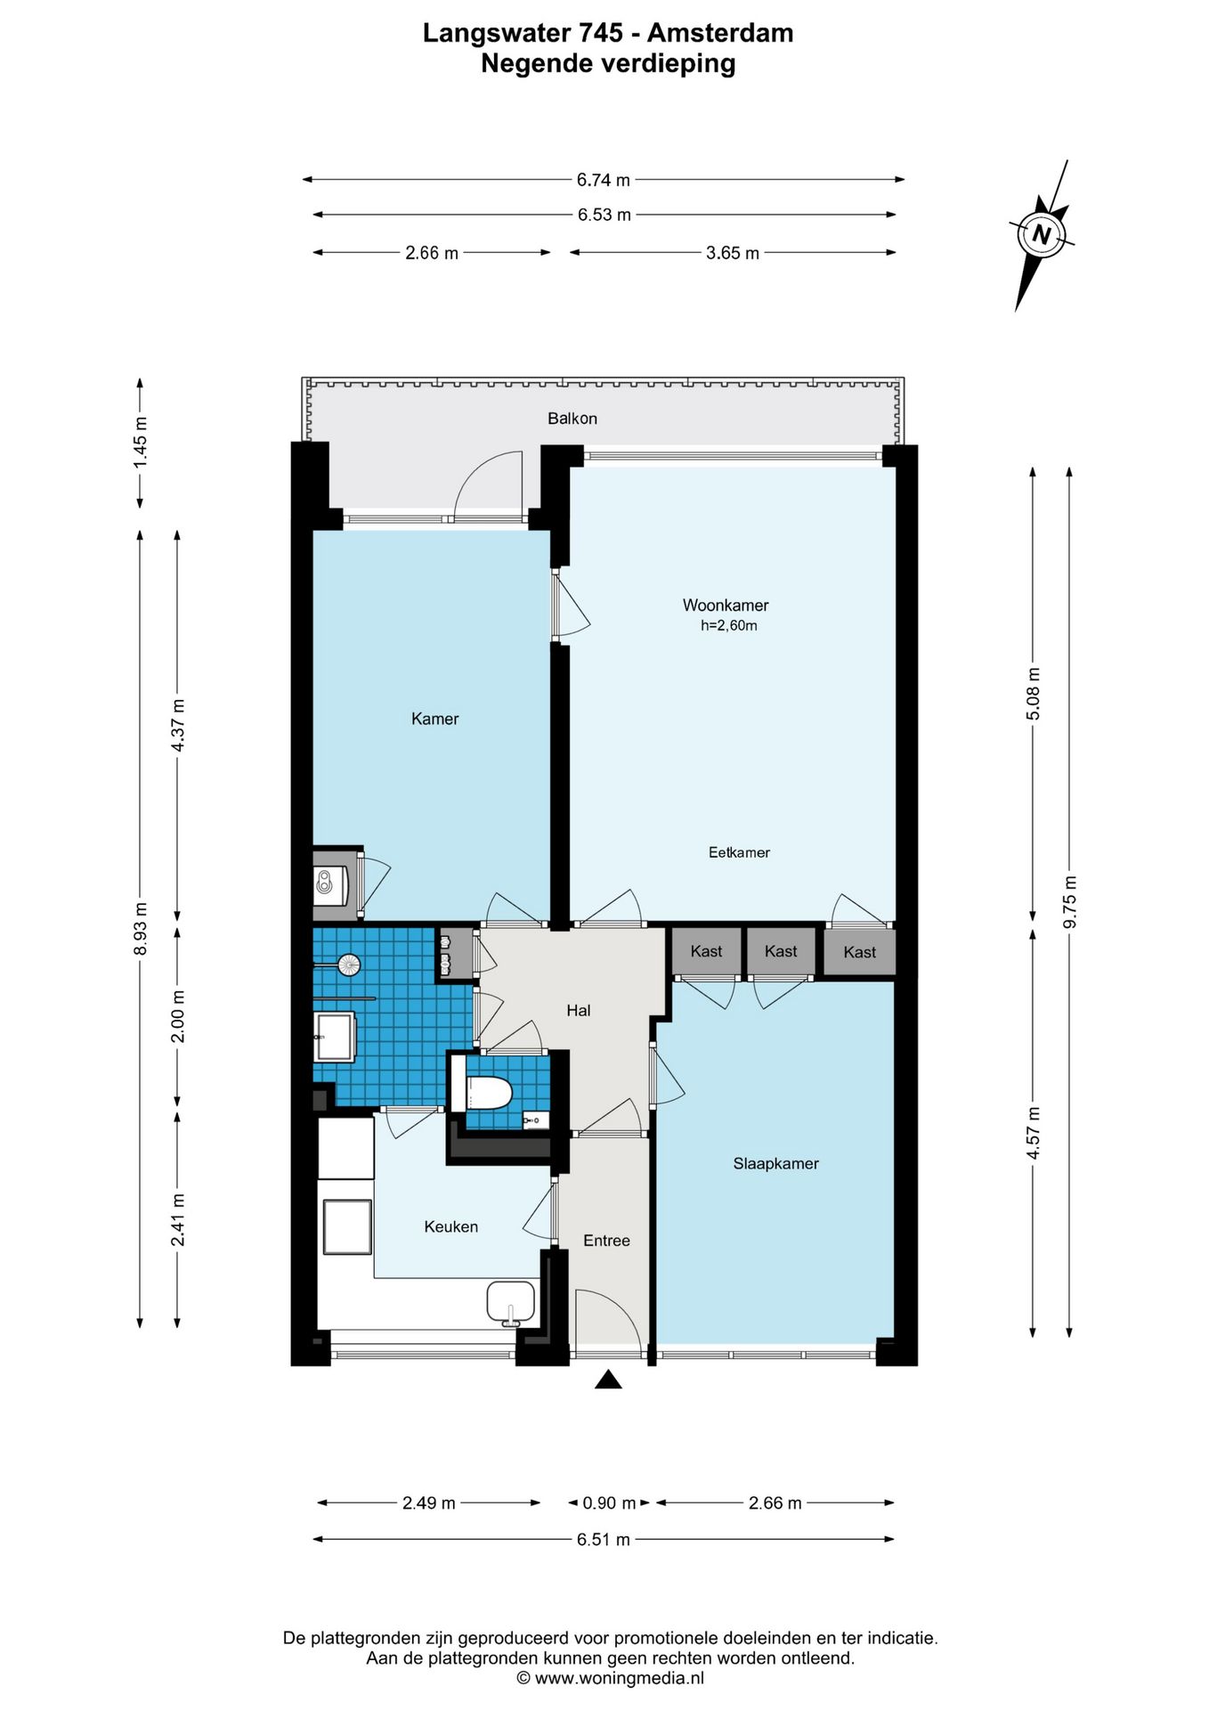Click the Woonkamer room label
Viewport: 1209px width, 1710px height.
pos(726,606)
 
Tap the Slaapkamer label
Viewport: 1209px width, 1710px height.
pos(775,1163)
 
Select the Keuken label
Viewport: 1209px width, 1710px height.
pos(451,1226)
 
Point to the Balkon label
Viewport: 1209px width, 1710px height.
pos(572,419)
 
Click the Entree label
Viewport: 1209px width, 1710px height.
pos(606,1241)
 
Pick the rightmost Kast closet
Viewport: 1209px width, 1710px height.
pos(859,952)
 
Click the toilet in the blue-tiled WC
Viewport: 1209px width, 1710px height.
pos(483,1092)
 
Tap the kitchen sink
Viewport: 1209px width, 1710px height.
pos(511,1303)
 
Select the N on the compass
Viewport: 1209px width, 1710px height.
pos(1041,236)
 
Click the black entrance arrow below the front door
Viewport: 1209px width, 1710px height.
pos(608,1380)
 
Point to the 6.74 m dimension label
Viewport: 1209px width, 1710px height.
pos(604,180)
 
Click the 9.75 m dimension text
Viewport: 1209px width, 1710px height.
pos(1070,901)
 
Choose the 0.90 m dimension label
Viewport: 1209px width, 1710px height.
pos(609,1503)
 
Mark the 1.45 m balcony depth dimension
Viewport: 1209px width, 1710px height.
pos(140,443)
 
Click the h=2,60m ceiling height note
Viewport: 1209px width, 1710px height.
pos(729,626)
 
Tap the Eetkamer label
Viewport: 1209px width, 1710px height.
pos(739,852)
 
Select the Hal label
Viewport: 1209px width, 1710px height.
pos(579,1010)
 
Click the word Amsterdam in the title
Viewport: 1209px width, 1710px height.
pos(720,33)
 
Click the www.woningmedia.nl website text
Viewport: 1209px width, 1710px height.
pos(619,1678)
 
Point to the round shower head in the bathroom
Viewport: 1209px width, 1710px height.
pos(348,963)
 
